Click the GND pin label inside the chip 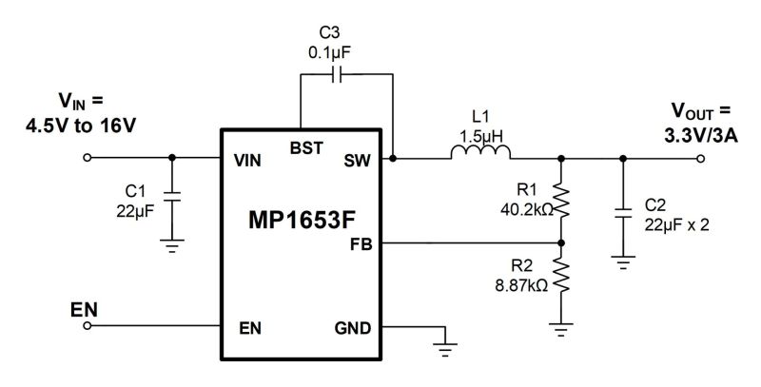pos(352,329)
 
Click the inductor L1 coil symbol pos(480,153)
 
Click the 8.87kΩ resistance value pos(520,285)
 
